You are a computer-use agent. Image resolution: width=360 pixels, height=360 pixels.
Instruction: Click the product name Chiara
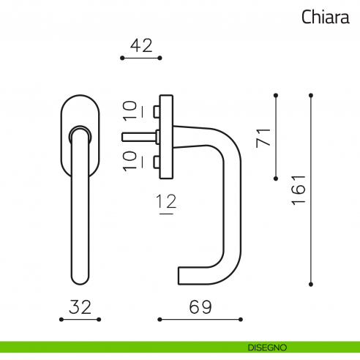pos(325,17)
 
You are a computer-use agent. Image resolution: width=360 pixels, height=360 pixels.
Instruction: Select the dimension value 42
pos(140,45)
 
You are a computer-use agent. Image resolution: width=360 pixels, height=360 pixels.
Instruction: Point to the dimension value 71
pos(263,137)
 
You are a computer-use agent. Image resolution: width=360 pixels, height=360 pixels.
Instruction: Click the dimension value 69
pos(200,307)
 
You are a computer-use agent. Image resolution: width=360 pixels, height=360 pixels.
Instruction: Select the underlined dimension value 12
pos(167,205)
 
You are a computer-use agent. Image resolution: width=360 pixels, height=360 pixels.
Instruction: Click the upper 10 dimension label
pos(130,110)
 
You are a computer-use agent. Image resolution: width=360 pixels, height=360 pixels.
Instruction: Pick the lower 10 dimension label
pos(130,160)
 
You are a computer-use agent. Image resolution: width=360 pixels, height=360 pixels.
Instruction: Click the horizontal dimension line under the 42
pos(140,58)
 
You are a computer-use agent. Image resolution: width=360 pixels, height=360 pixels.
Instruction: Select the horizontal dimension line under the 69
pos(200,320)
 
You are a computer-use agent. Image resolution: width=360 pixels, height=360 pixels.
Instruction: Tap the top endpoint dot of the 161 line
pos(312,95)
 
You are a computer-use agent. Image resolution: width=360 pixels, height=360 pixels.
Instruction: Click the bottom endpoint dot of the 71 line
pos(276,178)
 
